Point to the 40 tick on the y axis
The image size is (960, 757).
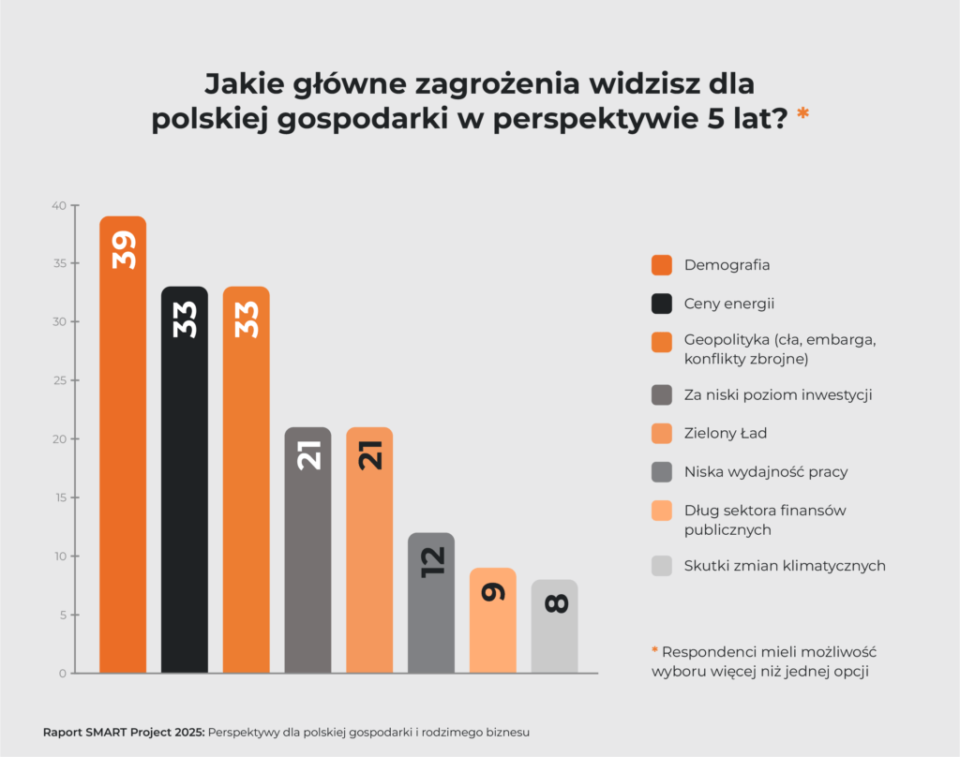tap(58, 205)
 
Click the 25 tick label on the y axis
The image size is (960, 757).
tap(59, 380)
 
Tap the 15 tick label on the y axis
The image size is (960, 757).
tap(59, 497)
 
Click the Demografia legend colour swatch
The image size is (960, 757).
tap(662, 265)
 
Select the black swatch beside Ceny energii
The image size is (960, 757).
tap(662, 304)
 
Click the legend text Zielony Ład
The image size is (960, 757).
tap(727, 433)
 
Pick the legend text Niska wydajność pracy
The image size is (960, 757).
tap(766, 471)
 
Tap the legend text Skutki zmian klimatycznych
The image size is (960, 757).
tap(785, 565)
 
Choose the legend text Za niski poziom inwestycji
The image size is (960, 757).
tap(778, 394)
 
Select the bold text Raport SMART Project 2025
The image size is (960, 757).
tap(123, 732)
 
